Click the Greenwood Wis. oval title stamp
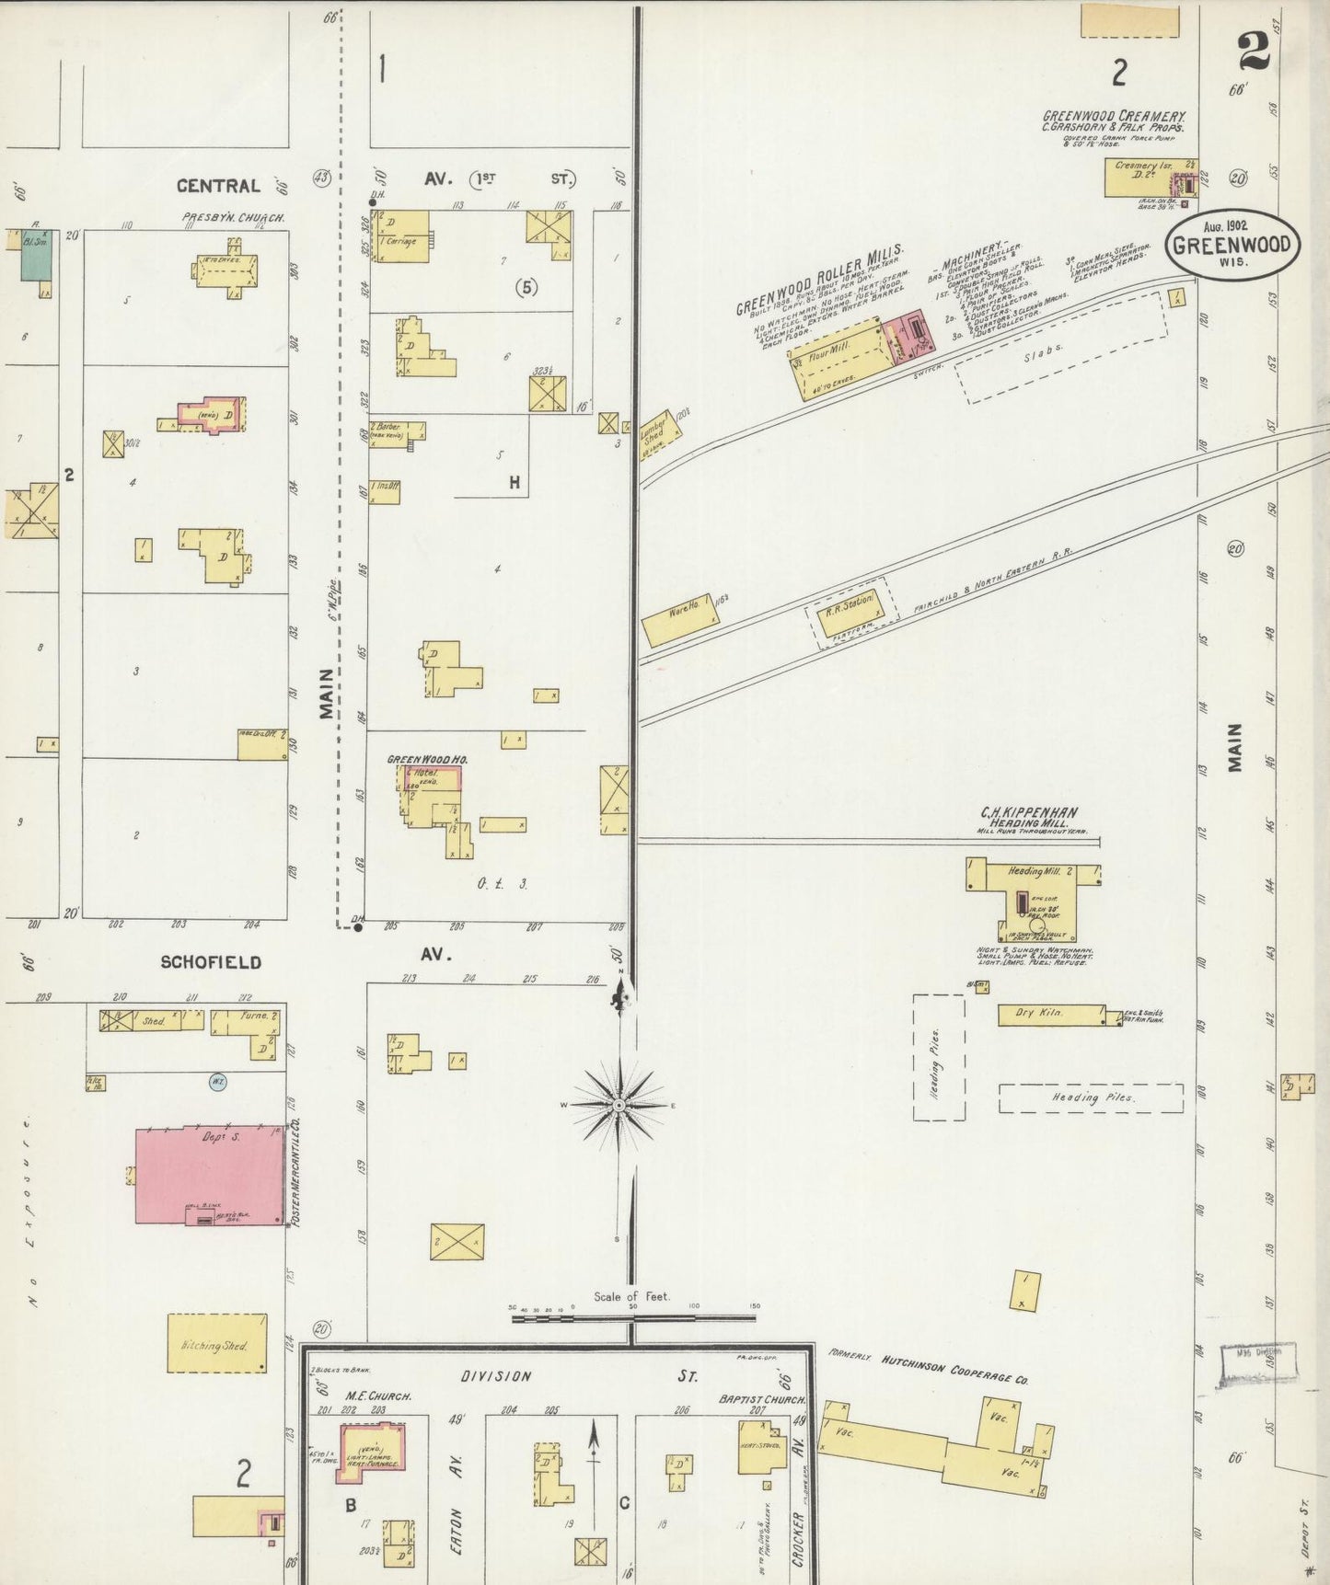[1233, 245]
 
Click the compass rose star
[619, 1104]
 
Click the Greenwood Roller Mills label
[819, 279]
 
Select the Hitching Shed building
[217, 1344]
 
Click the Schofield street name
[211, 962]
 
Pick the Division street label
[497, 1376]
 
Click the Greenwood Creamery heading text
[1114, 117]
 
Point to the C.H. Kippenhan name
[1028, 812]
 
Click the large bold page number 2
[1254, 51]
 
